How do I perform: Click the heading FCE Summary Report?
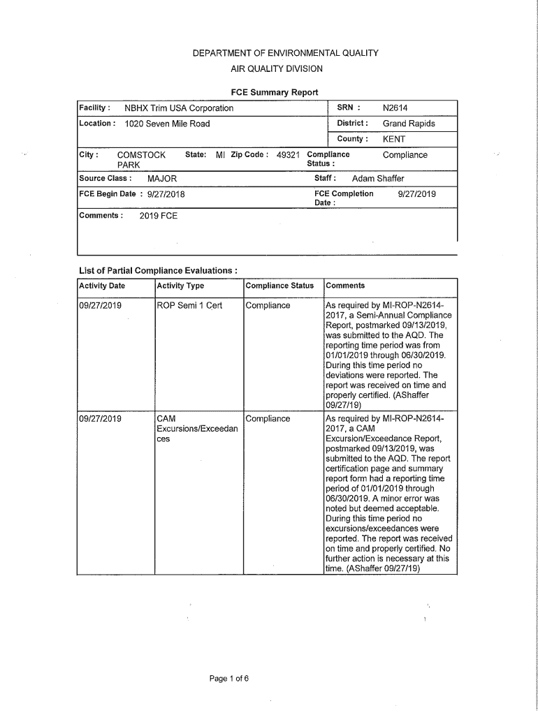[274, 92]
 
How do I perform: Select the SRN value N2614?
[395, 108]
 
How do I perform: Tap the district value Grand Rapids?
[408, 124]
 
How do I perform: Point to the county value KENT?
[394, 139]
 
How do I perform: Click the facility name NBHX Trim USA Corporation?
[179, 108]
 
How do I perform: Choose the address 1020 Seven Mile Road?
[167, 124]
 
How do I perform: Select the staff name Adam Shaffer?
[378, 179]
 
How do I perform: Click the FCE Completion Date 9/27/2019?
[416, 194]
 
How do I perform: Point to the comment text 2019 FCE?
[159, 216]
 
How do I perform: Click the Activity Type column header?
[181, 286]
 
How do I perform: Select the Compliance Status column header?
[280, 286]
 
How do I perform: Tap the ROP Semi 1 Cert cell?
[190, 305]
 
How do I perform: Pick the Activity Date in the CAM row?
[101, 419]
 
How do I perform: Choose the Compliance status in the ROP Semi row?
[268, 305]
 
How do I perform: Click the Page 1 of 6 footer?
[229, 678]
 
